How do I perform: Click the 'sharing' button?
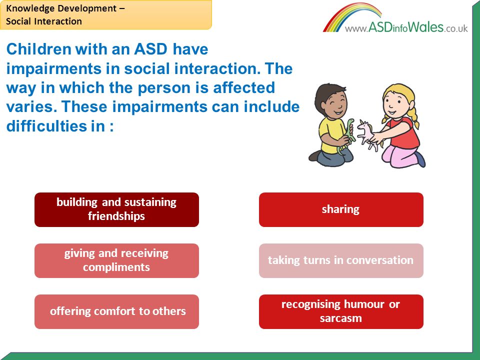[x=341, y=209]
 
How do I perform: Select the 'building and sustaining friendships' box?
[x=116, y=209]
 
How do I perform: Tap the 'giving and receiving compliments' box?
[x=116, y=260]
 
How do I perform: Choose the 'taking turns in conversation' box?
[x=341, y=260]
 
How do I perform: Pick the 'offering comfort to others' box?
[x=116, y=311]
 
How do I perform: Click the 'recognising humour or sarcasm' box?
[x=341, y=311]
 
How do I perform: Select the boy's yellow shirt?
[x=330, y=134]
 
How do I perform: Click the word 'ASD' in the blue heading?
[x=150, y=49]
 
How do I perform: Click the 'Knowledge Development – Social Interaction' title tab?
[x=105, y=14]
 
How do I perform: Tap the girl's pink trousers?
[x=398, y=156]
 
